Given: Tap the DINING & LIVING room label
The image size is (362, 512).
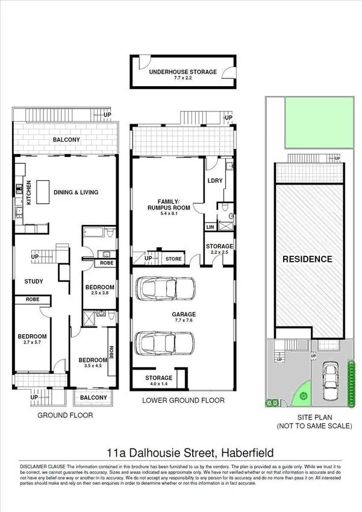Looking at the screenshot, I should coord(76,192).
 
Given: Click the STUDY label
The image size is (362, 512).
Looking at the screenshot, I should coord(33,281).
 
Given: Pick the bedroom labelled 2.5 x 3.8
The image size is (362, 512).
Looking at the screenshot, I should coord(99,290).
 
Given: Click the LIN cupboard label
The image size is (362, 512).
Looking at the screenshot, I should coord(210,227).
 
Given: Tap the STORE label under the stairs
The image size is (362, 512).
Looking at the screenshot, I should coord(173,259).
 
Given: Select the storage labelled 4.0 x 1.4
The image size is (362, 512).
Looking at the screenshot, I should coord(158,381).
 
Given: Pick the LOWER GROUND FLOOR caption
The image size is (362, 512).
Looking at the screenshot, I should coord(183,400).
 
